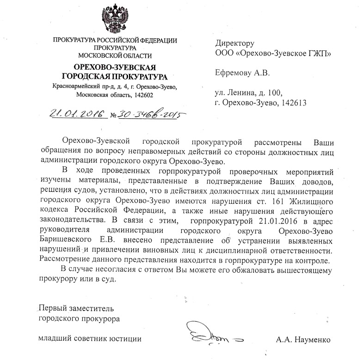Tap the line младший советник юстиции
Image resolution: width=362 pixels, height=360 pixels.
pyautogui.click(x=89, y=339)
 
